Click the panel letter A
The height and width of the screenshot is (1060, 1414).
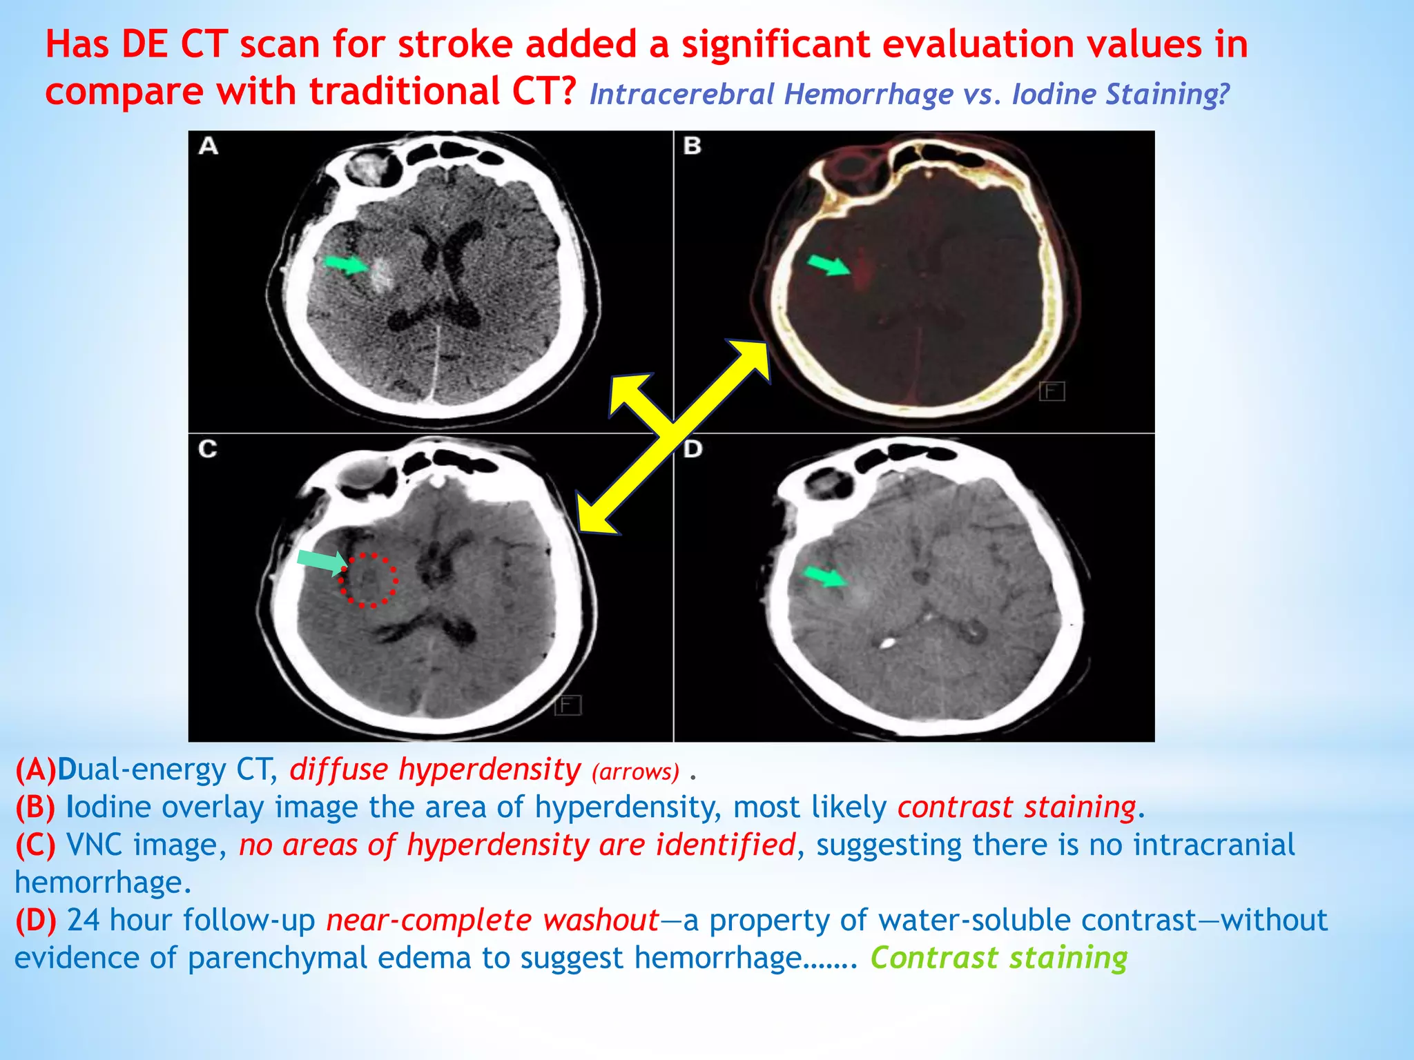(x=209, y=146)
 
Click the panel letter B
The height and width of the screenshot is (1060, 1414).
(x=692, y=146)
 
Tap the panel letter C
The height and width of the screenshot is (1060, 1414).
(x=208, y=449)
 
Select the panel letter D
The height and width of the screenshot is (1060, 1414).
(x=693, y=449)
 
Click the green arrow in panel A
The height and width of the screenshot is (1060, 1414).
(x=347, y=264)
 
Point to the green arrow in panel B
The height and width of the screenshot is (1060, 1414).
(x=829, y=265)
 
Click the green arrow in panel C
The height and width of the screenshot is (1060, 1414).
(x=322, y=562)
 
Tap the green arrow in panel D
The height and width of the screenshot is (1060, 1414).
(x=825, y=576)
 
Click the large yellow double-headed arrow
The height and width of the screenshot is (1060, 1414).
(x=673, y=435)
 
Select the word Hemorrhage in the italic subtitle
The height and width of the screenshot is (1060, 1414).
(x=869, y=95)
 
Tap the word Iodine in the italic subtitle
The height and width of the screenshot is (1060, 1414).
(x=1052, y=95)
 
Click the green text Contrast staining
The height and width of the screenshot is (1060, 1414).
(x=998, y=958)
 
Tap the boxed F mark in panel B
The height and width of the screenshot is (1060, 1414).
(x=1052, y=392)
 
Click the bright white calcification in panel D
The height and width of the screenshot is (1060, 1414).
(x=887, y=644)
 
